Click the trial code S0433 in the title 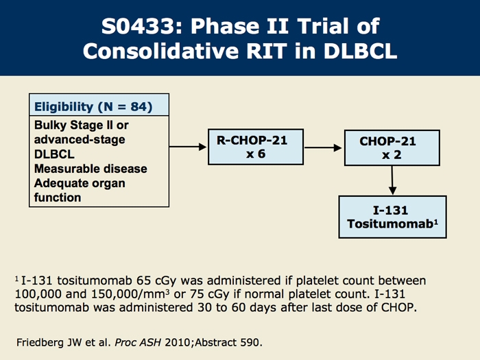pyautogui.click(x=138, y=26)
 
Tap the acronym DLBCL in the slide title pyautogui.click(x=360, y=51)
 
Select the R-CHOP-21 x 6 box pyautogui.click(x=256, y=147)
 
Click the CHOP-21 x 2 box pyautogui.click(x=392, y=148)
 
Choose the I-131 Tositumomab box pyautogui.click(x=392, y=217)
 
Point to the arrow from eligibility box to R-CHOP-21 pyautogui.click(x=188, y=147)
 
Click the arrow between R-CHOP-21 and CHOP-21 pyautogui.click(x=323, y=148)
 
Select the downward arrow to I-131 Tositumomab pyautogui.click(x=392, y=180)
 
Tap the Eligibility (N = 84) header pyautogui.click(x=93, y=107)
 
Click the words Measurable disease pyautogui.click(x=91, y=169)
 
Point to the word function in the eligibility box pyautogui.click(x=58, y=197)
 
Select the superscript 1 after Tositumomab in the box pyautogui.click(x=436, y=221)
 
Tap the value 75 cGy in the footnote pyautogui.click(x=209, y=294)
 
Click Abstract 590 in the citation pyautogui.click(x=227, y=342)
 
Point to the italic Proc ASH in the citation pyautogui.click(x=138, y=342)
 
